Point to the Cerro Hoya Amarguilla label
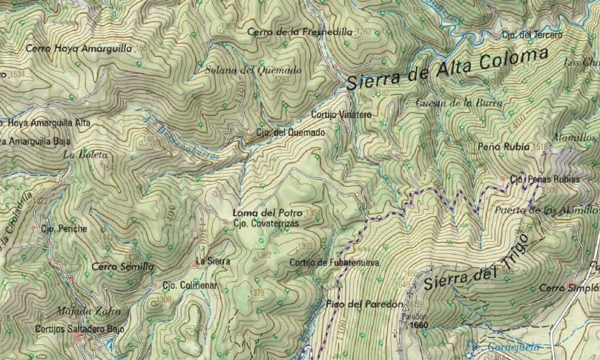[x=78, y=48]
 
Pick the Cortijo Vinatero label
[x=340, y=115]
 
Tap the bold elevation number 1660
[x=420, y=324]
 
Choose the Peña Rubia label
[x=504, y=147]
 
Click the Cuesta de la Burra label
[x=459, y=102]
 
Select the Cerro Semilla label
[x=122, y=266]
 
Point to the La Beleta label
[x=86, y=155]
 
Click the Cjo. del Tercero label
[x=532, y=35]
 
